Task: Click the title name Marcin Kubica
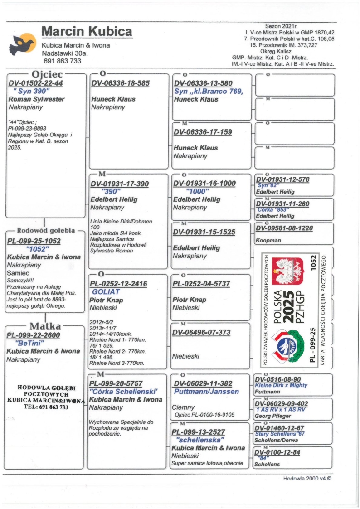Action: coord(87,32)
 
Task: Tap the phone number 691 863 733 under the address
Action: coord(62,61)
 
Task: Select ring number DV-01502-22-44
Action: coord(35,83)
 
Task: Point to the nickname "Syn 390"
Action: coord(35,91)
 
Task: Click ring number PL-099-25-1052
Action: coord(34,241)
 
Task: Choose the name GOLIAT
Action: coord(106,292)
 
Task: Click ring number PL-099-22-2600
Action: coord(33,335)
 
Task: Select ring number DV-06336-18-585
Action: coord(120,83)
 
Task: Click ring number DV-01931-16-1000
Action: coord(204,183)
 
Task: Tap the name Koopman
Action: coord(267,240)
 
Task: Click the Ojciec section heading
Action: coord(47,74)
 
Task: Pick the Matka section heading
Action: coord(44,326)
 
